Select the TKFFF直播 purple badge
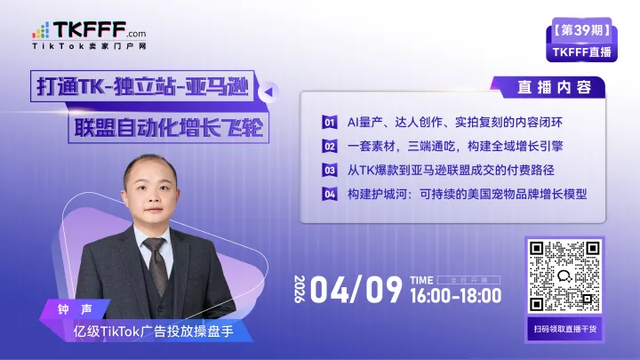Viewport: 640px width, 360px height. pyautogui.click(x=582, y=52)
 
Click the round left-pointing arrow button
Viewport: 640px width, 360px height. pyautogui.click(x=270, y=91)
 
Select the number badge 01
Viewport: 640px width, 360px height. pyautogui.click(x=329, y=122)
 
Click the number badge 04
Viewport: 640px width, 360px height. pyautogui.click(x=329, y=194)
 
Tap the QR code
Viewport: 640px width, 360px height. pyautogui.click(x=562, y=277)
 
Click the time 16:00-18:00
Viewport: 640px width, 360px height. pyautogui.click(x=456, y=296)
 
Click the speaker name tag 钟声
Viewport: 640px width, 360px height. pyautogui.click(x=78, y=310)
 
